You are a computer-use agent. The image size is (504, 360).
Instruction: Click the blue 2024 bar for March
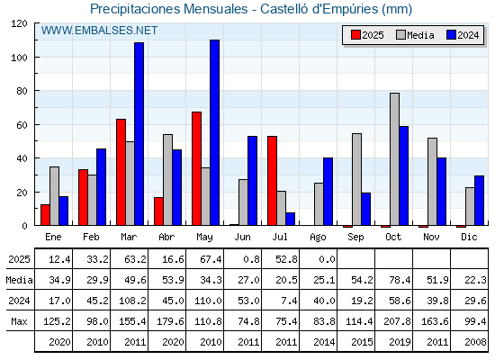(139, 134)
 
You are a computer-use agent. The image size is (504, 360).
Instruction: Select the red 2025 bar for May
(197, 168)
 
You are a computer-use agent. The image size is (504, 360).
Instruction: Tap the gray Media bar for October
(395, 159)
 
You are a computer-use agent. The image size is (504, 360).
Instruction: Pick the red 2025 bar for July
(272, 181)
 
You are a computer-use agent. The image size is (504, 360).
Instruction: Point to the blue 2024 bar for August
(328, 192)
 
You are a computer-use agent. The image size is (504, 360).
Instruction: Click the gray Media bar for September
(356, 179)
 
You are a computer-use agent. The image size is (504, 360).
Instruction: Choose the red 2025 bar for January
(45, 215)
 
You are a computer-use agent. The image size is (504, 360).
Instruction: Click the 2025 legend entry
(367, 35)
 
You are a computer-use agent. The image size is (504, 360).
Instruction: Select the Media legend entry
(415, 35)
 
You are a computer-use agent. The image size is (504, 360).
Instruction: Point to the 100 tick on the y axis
(21, 58)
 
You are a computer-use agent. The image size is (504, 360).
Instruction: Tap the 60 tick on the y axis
(22, 125)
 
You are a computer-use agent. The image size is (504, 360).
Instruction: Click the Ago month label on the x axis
(318, 238)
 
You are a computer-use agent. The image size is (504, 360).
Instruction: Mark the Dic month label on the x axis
(469, 237)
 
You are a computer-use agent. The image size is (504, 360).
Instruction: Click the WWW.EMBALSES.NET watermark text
(99, 31)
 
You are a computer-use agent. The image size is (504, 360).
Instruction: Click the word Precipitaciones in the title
(135, 9)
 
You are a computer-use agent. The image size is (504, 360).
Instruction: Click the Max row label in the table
(19, 321)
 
